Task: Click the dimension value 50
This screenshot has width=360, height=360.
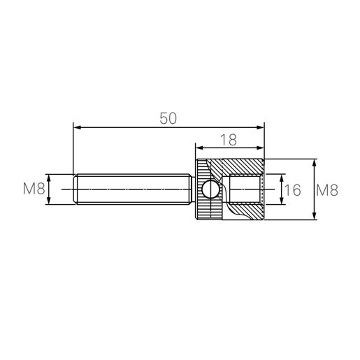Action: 168,118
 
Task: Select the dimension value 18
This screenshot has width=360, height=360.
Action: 229,140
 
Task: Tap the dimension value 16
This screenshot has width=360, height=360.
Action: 293,189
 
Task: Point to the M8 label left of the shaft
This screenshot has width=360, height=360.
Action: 34,189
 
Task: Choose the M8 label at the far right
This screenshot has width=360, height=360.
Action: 327,190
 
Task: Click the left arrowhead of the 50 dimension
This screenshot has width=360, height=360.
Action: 77,127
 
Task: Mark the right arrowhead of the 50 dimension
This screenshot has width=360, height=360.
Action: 260,127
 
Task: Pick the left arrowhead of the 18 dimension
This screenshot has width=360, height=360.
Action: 199,148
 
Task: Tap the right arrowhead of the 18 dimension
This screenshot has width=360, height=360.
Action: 260,148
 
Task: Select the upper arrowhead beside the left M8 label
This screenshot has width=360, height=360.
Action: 49,178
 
